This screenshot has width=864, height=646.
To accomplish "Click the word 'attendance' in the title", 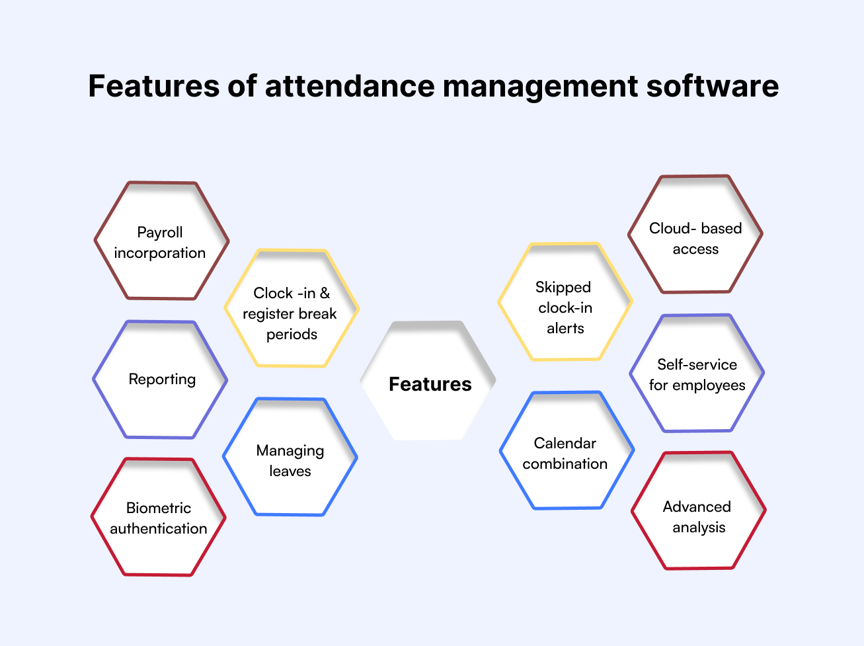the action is click(350, 86).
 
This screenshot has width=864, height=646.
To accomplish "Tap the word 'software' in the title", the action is click(712, 86).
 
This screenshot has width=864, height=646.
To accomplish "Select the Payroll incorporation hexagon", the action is click(161, 241).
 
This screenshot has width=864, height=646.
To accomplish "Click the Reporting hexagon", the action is click(160, 380).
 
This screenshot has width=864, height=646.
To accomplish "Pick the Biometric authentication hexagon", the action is click(158, 517).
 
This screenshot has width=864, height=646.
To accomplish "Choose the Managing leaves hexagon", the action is click(290, 457).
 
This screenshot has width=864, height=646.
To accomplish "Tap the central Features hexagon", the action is click(428, 380).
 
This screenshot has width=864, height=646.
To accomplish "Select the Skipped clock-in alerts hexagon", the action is click(565, 302).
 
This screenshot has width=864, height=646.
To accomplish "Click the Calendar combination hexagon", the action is click(567, 450).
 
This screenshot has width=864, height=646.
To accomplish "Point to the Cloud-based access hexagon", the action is click(695, 234).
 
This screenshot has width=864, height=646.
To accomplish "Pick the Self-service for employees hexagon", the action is click(697, 373).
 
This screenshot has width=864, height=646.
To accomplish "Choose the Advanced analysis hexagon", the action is click(699, 510).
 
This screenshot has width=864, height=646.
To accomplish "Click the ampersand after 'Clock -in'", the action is click(325, 293).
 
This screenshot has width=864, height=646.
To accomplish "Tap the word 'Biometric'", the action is click(159, 508).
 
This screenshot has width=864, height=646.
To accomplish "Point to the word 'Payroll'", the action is click(160, 232).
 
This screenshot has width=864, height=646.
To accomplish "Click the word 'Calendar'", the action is click(565, 443).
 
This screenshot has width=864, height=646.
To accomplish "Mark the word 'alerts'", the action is click(565, 329).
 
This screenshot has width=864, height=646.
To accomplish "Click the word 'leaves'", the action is click(290, 471).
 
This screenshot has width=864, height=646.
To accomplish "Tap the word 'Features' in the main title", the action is click(154, 86).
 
